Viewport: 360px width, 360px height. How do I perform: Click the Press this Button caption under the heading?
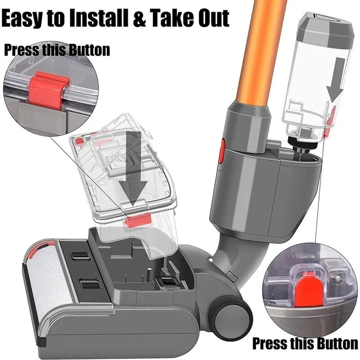[57, 50]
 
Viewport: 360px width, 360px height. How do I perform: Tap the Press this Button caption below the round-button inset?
[305, 343]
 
